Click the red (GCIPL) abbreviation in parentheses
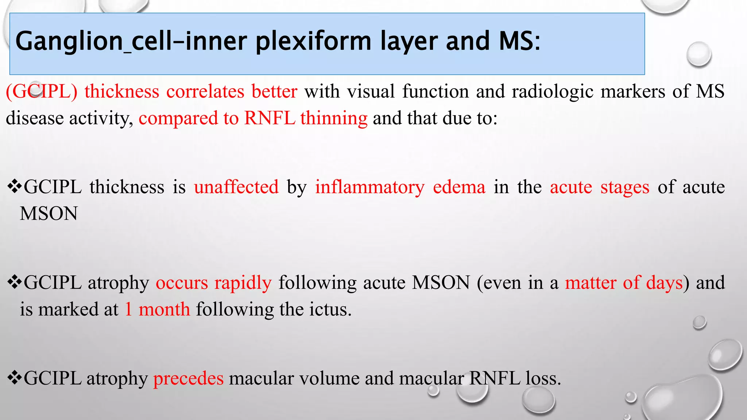42,91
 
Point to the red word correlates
205,91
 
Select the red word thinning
334,118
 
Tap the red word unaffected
236,187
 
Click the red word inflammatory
370,187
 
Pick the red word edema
459,187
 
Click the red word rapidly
243,283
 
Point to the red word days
664,283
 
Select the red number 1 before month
128,310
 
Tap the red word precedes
188,378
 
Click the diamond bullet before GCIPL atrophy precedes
15,378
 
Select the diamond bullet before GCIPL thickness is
15,187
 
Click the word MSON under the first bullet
49,214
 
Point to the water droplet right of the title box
698,54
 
